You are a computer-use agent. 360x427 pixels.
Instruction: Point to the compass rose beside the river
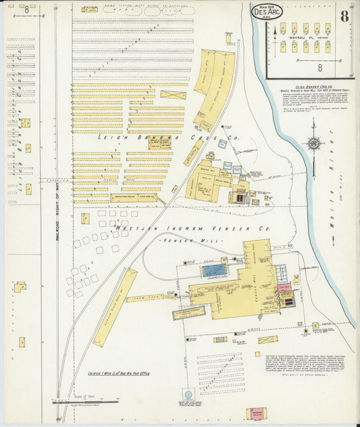(x=313, y=143)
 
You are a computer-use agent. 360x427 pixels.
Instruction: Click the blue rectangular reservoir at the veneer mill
(x=214, y=271)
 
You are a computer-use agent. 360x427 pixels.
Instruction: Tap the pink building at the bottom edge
(x=257, y=413)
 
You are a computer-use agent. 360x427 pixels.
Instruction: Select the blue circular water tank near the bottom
(x=188, y=393)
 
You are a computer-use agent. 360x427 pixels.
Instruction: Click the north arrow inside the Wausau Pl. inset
(x=275, y=30)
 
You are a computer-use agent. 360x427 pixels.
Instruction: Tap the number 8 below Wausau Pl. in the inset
(x=319, y=68)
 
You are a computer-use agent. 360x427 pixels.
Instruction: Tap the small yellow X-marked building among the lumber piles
(x=85, y=218)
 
